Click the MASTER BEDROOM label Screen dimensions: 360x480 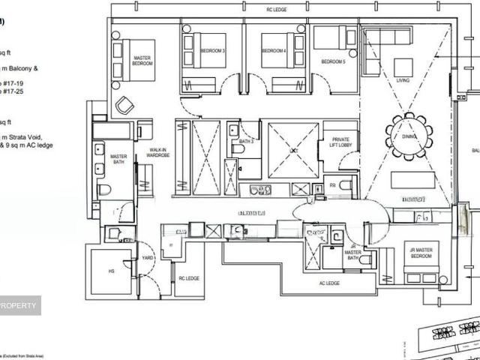143,60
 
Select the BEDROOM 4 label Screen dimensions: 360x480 274,50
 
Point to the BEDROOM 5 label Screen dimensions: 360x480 333,61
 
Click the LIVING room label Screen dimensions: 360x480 403,79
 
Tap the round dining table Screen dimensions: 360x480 409,136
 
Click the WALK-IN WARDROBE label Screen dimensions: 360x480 157,153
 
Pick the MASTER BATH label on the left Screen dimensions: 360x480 118,159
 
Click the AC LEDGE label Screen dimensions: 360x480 329,283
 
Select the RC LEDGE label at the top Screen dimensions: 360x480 277,10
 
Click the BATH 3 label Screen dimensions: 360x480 245,141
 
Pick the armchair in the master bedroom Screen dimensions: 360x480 124,105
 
